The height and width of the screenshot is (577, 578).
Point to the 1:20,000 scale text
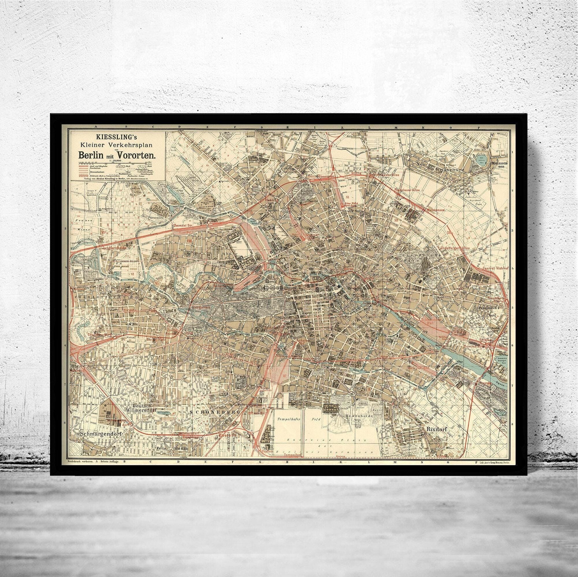pyautogui.click(x=116, y=161)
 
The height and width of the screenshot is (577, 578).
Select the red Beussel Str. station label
pyautogui.click(x=183, y=225)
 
